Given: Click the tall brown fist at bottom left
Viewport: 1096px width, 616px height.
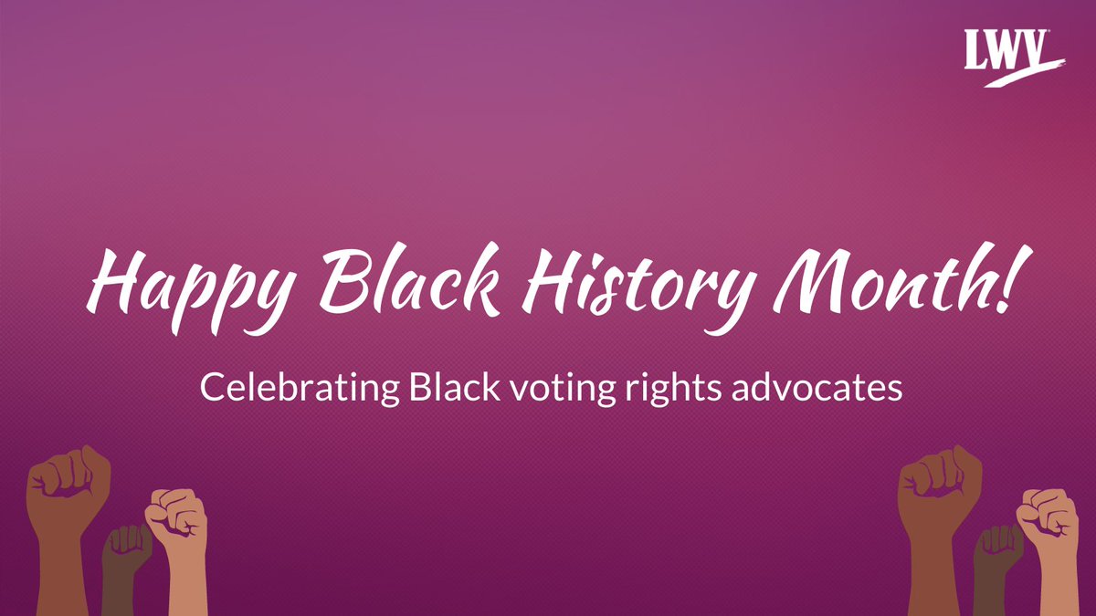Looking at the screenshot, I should [x=68, y=493].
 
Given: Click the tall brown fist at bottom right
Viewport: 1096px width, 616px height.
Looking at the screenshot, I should [x=940, y=493].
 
